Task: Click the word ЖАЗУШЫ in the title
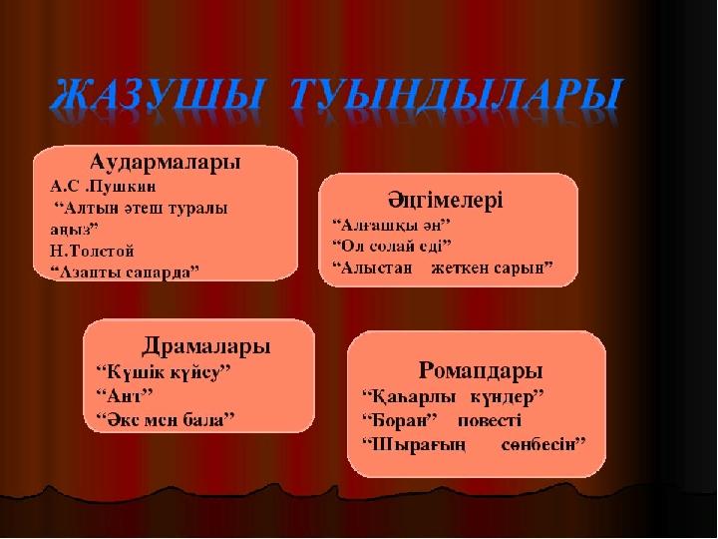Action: pos(157,96)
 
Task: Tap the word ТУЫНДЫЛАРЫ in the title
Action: pos(456,96)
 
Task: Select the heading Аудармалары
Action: pos(166,163)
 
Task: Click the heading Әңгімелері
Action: pos(446,201)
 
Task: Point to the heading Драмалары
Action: pos(206,346)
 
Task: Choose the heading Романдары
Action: pos(481,371)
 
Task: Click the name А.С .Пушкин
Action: pos(103,187)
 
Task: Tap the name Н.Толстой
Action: pos(92,252)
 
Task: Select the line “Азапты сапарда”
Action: pos(125,272)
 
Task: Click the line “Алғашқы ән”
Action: pos(392,225)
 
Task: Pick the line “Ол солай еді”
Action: pos(392,247)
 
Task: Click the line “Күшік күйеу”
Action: pos(164,371)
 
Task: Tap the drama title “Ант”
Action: pos(124,395)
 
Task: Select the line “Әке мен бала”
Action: pos(166,420)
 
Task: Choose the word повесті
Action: pos(490,421)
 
